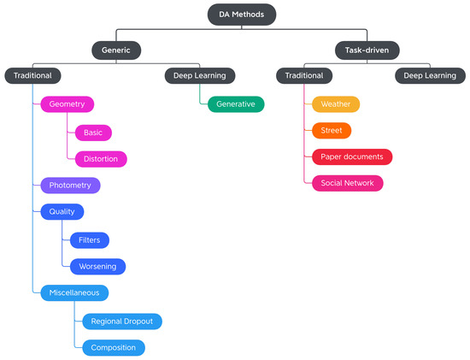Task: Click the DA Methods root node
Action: point(241,15)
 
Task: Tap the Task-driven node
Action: point(367,50)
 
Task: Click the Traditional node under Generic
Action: point(33,76)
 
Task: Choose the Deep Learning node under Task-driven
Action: point(430,76)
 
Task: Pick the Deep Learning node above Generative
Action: point(199,76)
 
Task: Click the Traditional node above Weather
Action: point(304,76)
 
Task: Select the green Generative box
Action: point(236,103)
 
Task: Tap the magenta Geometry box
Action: point(67,103)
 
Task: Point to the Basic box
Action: point(93,133)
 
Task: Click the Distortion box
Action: point(101,159)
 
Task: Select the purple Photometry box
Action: point(70,186)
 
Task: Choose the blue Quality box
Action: point(62,212)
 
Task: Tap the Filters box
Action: point(90,240)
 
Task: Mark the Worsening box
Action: point(98,267)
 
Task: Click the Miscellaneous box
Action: point(74,292)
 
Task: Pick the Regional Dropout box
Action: point(121,322)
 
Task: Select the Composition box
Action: point(114,348)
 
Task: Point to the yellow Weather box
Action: point(335,104)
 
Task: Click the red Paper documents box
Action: point(351,157)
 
